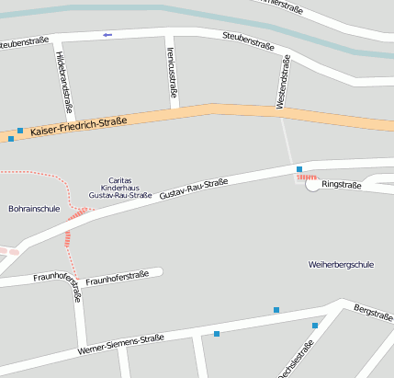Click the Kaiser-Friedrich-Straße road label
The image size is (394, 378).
[x=78, y=127]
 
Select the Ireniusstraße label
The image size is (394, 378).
[x=172, y=76]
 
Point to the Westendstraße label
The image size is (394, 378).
[x=285, y=82]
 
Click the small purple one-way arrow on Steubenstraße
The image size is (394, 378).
[x=107, y=35]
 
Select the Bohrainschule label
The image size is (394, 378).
[x=33, y=209]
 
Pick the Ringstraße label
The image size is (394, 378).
[x=342, y=185]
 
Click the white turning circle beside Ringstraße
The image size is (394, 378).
[x=312, y=185]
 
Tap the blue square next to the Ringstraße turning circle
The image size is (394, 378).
[x=298, y=169]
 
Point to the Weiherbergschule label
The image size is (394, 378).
[x=341, y=265]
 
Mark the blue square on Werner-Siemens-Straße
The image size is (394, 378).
[x=217, y=333]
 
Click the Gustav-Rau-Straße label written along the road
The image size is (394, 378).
[x=194, y=190]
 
